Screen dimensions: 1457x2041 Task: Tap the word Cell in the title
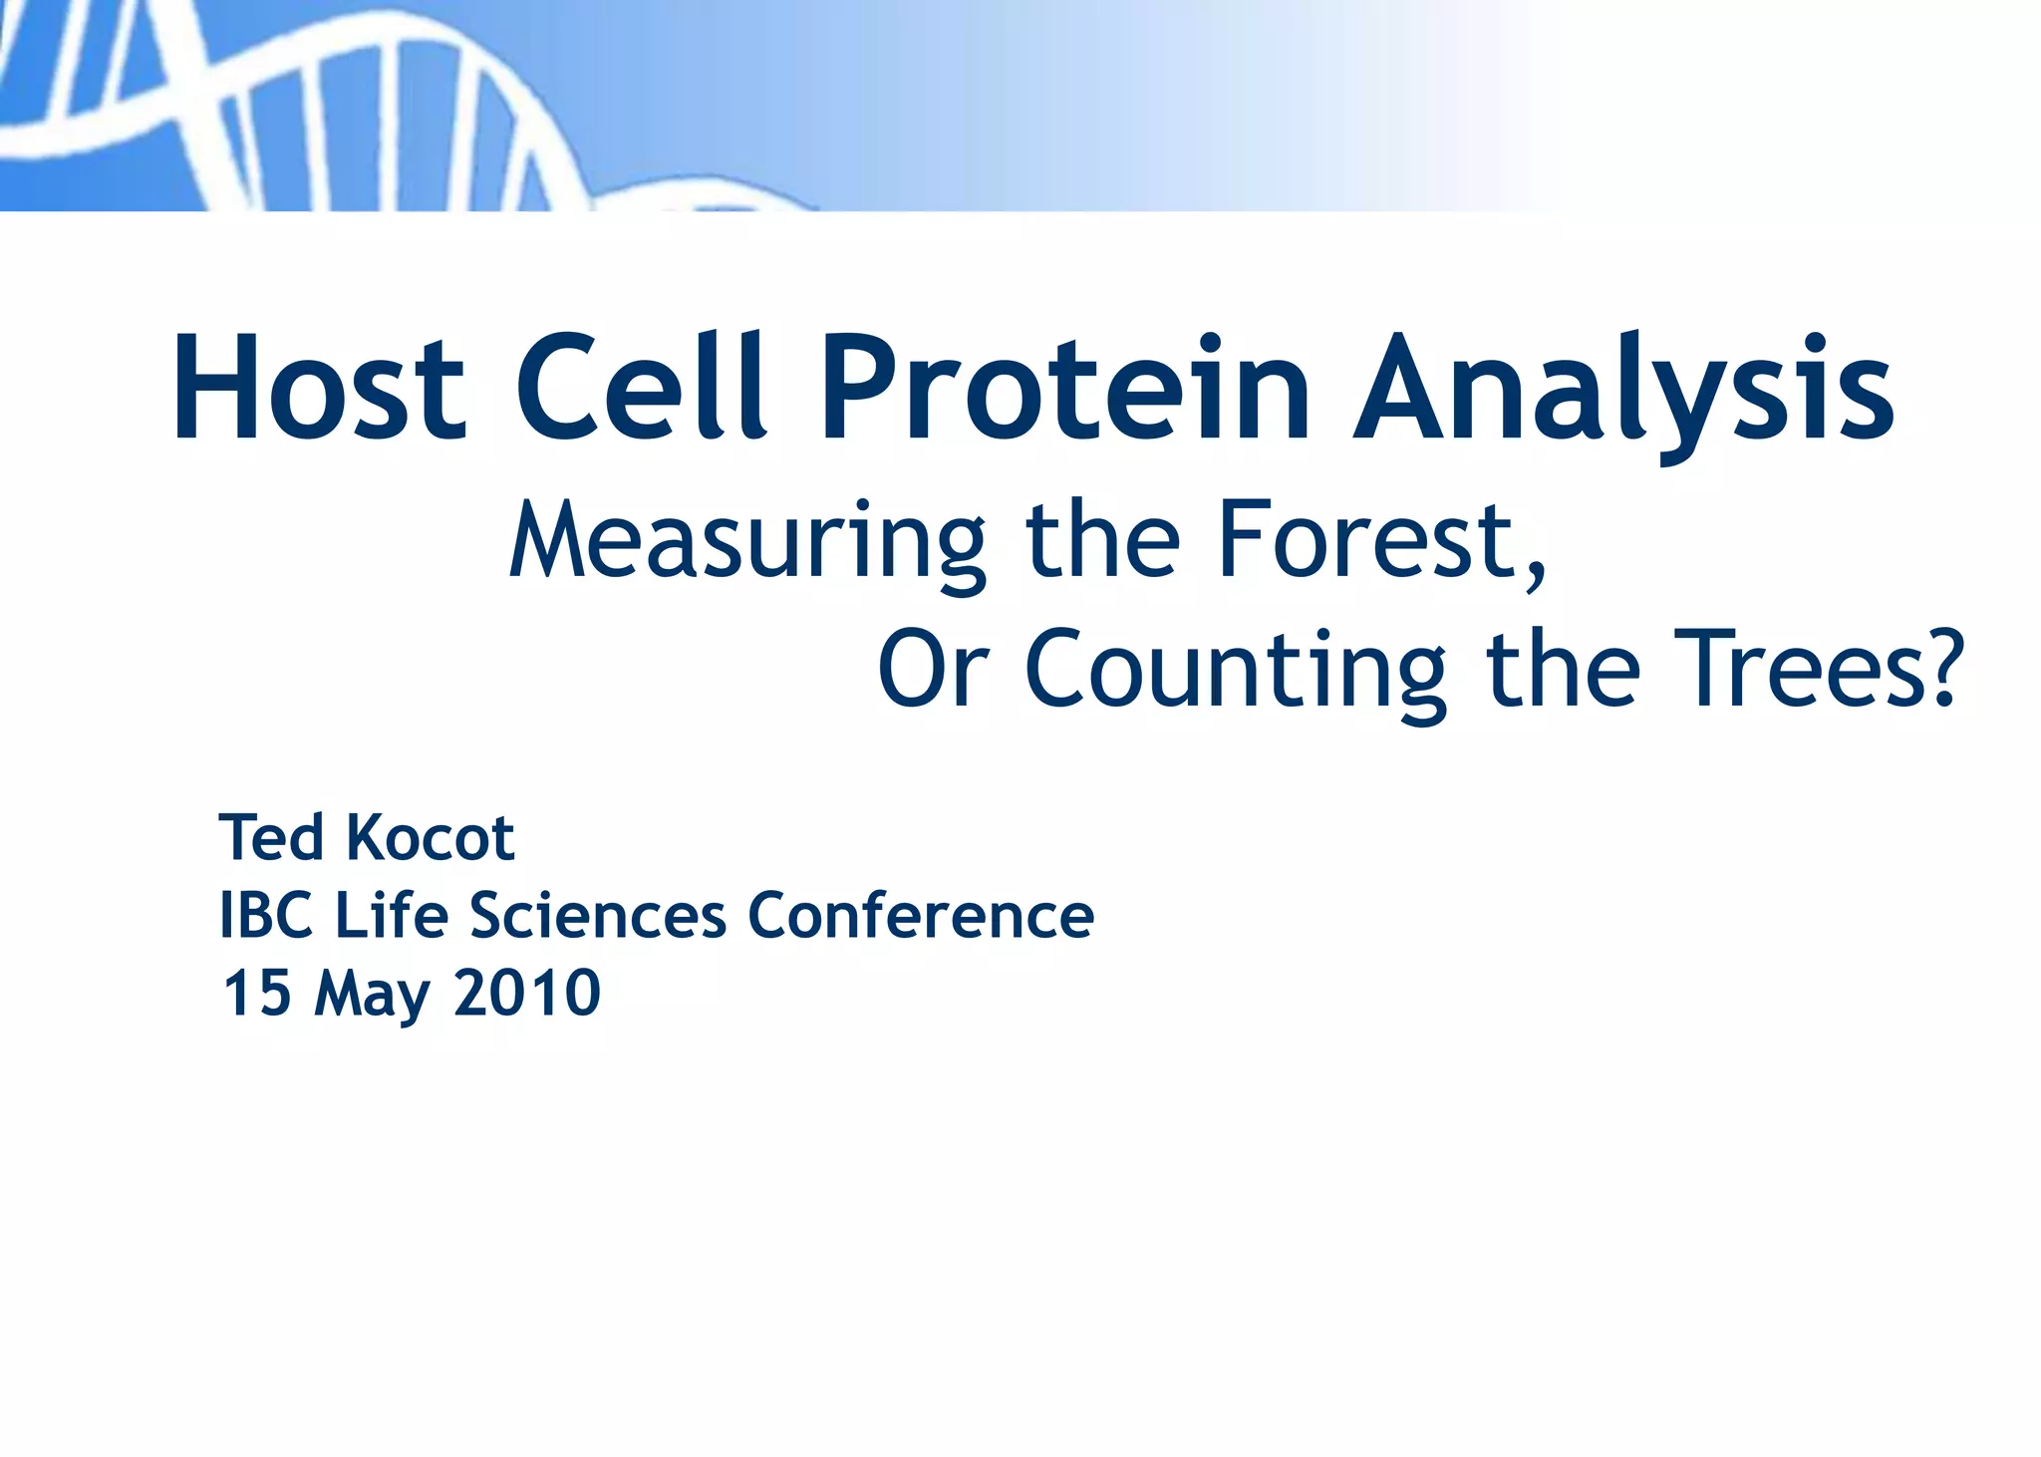[641, 389]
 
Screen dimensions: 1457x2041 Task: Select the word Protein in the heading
[1064, 389]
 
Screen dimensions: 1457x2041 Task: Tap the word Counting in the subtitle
[1236, 671]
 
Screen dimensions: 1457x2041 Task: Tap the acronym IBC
[266, 916]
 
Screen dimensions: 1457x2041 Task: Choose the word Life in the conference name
[392, 916]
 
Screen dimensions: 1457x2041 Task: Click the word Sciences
[598, 916]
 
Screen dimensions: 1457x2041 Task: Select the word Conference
[921, 916]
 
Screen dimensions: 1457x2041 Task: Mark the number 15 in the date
[257, 994]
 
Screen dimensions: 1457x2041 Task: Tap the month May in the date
[372, 996]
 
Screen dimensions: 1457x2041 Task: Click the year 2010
[527, 994]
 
